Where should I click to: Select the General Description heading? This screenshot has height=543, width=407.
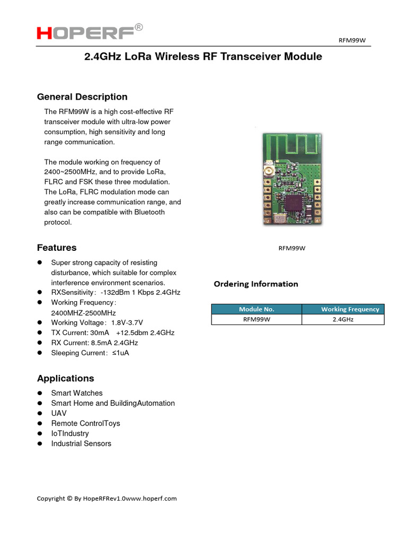pos(82,97)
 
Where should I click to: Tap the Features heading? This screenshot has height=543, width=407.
pos(57,248)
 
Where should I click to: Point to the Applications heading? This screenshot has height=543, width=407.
pos(66,379)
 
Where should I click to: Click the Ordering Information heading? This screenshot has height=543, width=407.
pos(256,284)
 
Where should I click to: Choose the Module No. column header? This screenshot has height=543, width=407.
pos(256,309)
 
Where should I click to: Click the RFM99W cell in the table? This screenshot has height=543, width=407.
pos(256,319)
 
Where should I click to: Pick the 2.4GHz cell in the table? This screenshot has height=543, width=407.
pos(343,319)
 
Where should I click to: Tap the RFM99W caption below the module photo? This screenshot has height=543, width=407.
pos(293,248)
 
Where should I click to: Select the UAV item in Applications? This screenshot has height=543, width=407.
pos(59,413)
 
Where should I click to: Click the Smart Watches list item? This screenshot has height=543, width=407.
pos(77,393)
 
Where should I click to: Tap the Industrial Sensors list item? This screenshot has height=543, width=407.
pos(81,443)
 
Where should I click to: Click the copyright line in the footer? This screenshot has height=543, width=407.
pos(107,498)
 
